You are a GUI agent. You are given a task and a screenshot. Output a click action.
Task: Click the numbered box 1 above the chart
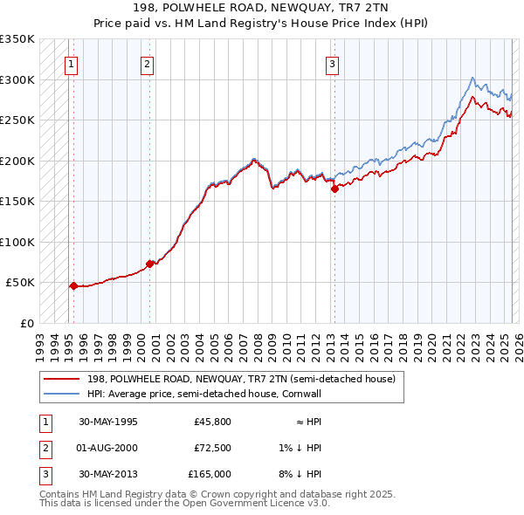click(x=70, y=63)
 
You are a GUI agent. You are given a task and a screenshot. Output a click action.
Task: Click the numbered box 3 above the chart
click(x=333, y=63)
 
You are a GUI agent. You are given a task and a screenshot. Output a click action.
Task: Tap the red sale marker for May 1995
click(x=73, y=285)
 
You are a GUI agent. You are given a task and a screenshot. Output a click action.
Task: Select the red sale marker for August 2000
click(x=149, y=263)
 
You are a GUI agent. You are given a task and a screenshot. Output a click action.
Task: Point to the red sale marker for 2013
click(x=334, y=189)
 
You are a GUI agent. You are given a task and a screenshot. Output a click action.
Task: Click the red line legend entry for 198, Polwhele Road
click(x=241, y=380)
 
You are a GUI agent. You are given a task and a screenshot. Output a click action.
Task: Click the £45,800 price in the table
click(x=212, y=422)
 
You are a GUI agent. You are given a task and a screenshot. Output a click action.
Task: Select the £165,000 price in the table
click(x=210, y=474)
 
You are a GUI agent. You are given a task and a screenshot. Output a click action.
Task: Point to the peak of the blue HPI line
click(x=472, y=78)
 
